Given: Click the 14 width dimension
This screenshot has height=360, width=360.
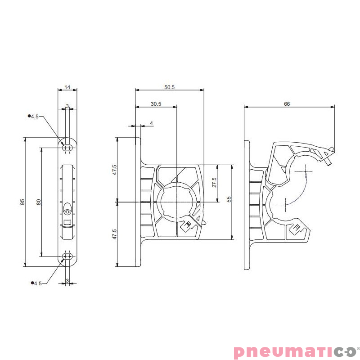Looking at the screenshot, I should pyautogui.click(x=67, y=87).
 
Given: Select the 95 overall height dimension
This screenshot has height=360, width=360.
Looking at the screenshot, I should pyautogui.click(x=22, y=202).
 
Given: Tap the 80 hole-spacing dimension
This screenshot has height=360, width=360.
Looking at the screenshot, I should pyautogui.click(x=39, y=202).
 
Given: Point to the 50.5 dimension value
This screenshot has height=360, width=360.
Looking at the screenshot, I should pyautogui.click(x=170, y=87).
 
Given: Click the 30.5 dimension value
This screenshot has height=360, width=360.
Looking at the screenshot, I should pyautogui.click(x=156, y=104).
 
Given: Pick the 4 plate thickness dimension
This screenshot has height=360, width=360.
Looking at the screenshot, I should pyautogui.click(x=151, y=123).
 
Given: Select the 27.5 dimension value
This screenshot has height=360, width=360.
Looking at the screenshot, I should pyautogui.click(x=214, y=182).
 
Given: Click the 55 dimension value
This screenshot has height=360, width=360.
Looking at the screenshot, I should pyautogui.click(x=229, y=199).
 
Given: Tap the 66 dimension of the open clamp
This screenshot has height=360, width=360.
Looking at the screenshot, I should pyautogui.click(x=287, y=104).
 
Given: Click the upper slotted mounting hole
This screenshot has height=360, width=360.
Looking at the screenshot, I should pyautogui.click(x=67, y=147).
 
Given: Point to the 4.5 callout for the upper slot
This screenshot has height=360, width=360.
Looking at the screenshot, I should pyautogui.click(x=36, y=116).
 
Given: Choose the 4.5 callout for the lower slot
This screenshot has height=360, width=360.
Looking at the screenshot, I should pyautogui.click(x=36, y=283).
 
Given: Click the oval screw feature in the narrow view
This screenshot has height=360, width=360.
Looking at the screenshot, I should pyautogui.click(x=67, y=210).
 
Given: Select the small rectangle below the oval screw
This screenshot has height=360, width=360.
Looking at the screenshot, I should pyautogui.click(x=67, y=222).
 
